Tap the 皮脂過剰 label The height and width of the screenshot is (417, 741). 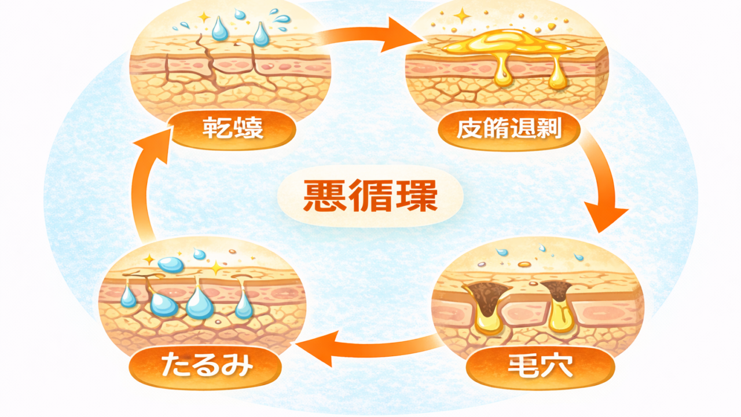(x=509, y=130)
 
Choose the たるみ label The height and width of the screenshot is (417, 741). (x=206, y=366)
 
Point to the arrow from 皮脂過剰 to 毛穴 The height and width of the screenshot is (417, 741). (x=602, y=185)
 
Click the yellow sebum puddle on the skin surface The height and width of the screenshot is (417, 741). (x=504, y=42)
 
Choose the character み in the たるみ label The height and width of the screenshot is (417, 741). (x=239, y=366)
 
